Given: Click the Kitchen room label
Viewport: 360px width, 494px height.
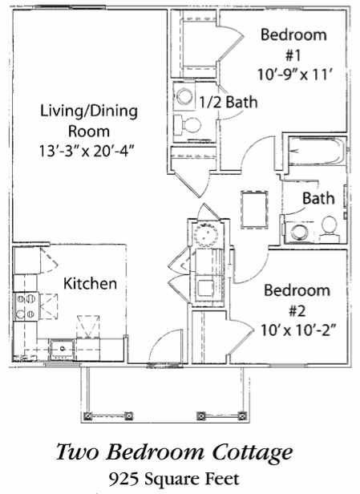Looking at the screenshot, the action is click(90, 283).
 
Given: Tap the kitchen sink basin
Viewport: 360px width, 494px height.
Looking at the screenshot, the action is click(62, 349).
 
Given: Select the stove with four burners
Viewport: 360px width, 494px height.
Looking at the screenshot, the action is click(26, 306).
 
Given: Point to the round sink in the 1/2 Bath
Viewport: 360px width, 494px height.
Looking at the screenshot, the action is click(184, 95).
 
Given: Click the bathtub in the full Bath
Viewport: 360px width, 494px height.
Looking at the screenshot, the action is click(317, 151).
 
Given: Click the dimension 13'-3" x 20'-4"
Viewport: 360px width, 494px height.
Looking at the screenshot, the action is click(88, 151).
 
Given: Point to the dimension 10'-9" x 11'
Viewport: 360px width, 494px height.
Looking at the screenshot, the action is click(295, 75).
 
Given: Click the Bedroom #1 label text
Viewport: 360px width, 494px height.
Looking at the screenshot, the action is click(293, 45).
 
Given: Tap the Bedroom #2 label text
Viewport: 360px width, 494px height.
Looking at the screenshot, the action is click(297, 301).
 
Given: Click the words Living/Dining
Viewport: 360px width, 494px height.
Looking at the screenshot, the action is click(89, 111).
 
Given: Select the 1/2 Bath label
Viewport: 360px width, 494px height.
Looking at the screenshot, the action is click(229, 102).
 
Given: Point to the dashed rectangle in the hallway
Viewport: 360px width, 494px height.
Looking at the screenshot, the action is click(254, 210).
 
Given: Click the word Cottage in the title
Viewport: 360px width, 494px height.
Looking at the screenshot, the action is click(253, 453).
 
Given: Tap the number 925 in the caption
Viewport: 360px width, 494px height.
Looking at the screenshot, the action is click(123, 480).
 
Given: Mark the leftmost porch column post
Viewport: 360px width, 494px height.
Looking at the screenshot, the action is click(88, 416).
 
